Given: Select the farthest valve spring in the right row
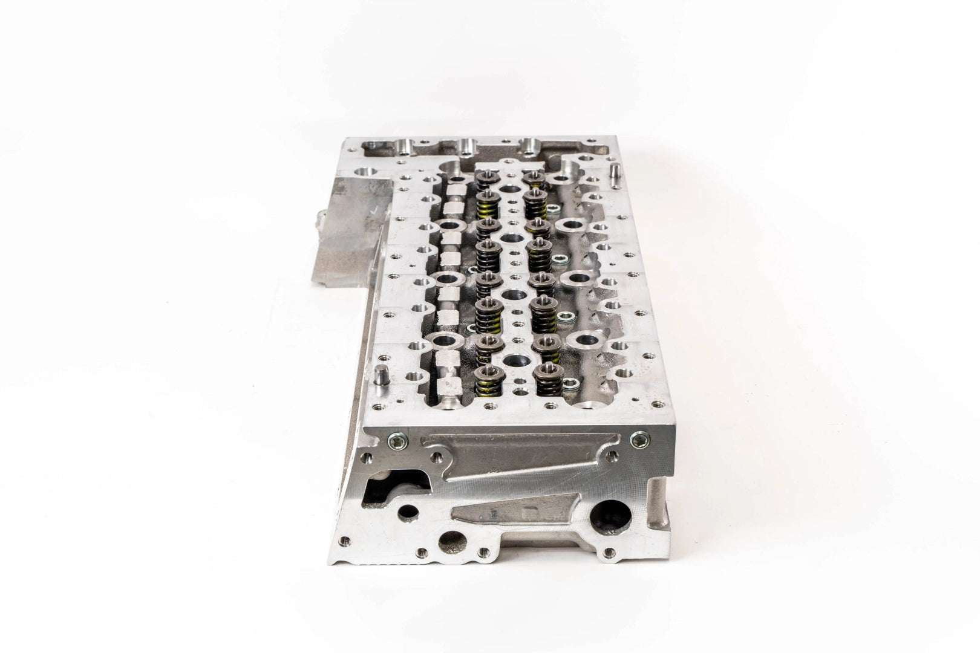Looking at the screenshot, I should pos(532,178).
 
